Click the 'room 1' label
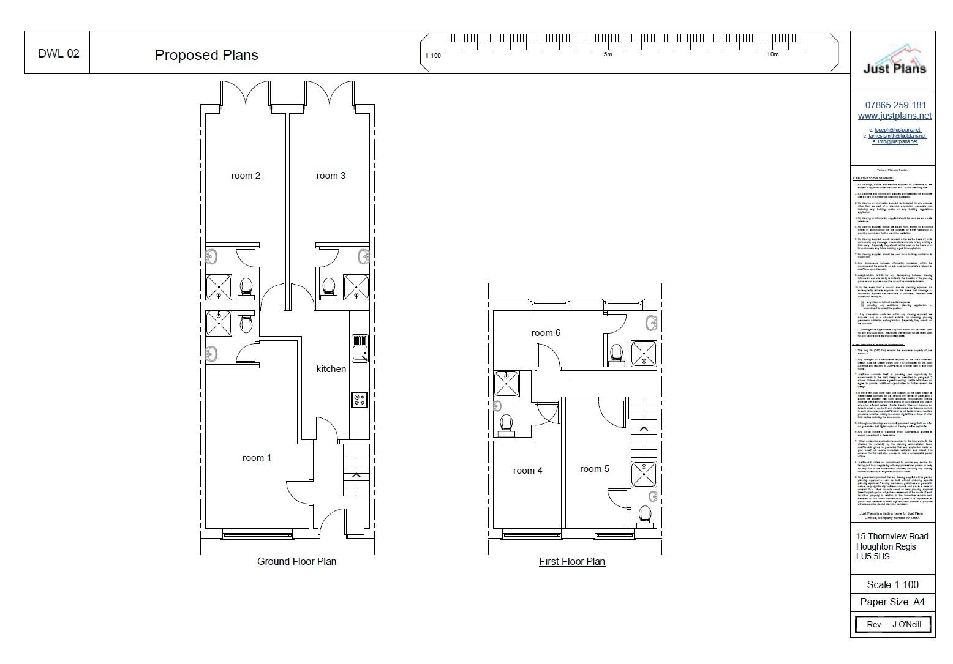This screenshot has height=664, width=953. [257, 458]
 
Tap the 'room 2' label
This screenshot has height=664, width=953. [246, 176]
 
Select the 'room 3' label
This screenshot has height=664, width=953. [331, 176]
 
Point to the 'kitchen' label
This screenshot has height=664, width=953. [331, 369]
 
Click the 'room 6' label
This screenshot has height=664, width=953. [546, 333]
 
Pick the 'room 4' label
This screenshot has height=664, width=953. [527, 471]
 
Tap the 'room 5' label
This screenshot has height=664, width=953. [595, 469]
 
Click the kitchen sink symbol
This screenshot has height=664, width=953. [360, 348]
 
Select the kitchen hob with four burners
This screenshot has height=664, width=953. [360, 400]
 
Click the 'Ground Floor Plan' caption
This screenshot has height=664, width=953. [296, 561]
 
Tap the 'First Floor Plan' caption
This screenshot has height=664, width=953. [572, 561]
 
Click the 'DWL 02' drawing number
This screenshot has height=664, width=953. [59, 53]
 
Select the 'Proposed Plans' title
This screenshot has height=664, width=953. [206, 55]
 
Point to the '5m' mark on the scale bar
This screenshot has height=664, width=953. [608, 54]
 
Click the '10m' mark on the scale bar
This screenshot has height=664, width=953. [772, 54]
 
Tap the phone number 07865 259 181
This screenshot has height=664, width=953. [895, 105]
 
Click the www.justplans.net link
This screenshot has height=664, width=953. [894, 116]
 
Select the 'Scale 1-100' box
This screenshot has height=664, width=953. [892, 584]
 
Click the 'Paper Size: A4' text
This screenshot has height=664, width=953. [892, 602]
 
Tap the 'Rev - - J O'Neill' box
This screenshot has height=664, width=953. [892, 625]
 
